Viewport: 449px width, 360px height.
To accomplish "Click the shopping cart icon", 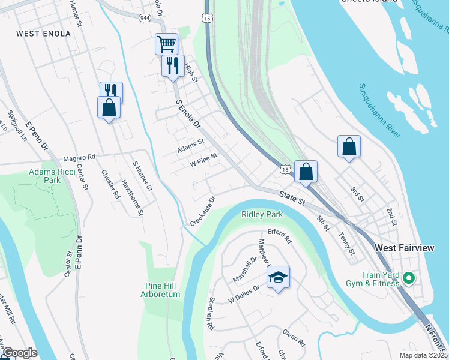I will pos(166,44).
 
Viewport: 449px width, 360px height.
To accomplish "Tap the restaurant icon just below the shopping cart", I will pos(173,65).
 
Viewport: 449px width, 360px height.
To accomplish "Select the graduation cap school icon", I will pos(277,278).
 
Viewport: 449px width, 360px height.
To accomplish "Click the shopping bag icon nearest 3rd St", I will pos(349,146).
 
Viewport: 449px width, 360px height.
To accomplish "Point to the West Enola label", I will pos(44,34).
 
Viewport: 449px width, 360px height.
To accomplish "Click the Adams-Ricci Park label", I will pos(53,176).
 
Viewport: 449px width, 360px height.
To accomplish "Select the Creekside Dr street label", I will pos(203,209).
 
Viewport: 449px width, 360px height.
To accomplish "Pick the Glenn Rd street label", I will pos(295,338).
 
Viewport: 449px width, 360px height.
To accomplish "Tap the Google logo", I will pos(19,353).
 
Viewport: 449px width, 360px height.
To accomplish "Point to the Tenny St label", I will pos(347,243).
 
